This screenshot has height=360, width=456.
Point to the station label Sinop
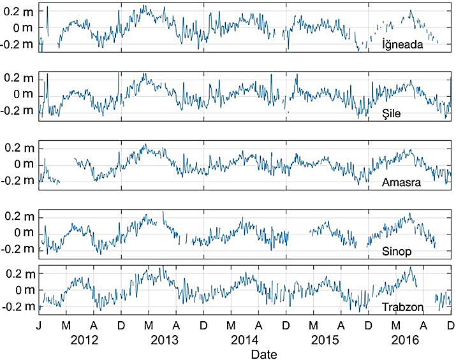coord(396,251)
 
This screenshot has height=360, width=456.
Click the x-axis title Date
coord(263,352)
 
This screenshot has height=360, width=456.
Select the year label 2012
coord(85,339)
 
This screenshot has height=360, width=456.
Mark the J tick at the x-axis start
coord(39,324)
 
